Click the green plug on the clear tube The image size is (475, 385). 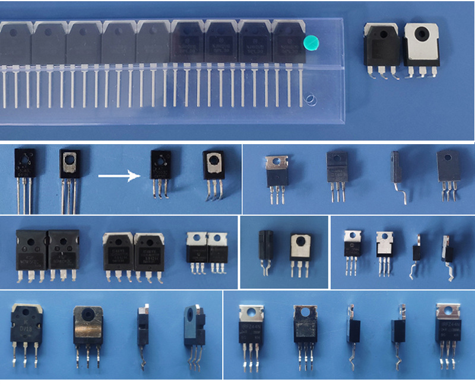point(310,43)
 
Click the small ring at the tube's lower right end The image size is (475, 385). point(309,99)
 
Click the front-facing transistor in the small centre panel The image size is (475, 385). point(300,249)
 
